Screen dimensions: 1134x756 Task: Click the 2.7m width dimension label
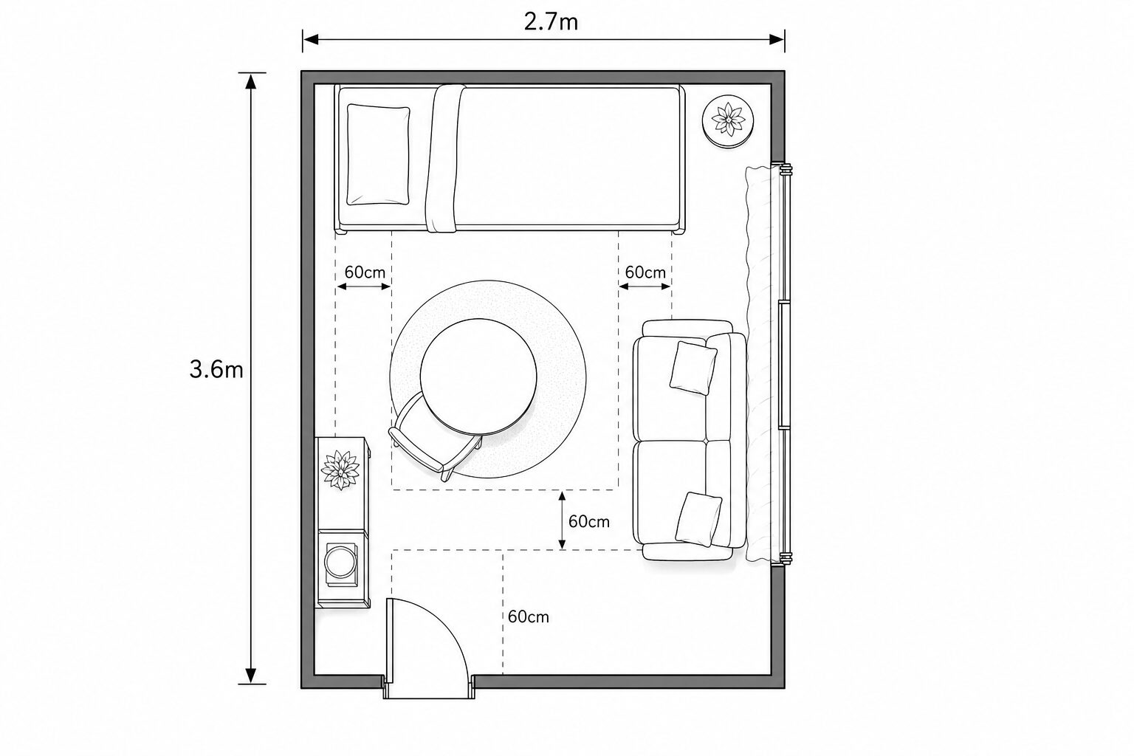551,21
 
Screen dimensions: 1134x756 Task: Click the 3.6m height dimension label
216,370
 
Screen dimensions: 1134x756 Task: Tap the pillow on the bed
378,154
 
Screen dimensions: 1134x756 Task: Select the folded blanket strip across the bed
445,158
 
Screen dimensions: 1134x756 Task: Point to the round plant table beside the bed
728,122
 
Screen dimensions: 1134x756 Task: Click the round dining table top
478,377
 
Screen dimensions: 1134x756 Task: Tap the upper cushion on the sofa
693,368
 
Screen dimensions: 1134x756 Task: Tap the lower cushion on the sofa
698,519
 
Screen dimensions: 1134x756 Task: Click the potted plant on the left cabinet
340,470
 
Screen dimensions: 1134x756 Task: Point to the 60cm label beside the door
529,616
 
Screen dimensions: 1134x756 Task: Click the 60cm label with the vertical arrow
588,521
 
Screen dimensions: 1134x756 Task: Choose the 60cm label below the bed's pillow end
365,272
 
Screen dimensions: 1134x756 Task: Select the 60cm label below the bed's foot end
645,272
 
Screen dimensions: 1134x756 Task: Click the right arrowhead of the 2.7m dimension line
777,39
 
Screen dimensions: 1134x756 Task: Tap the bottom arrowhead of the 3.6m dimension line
250,676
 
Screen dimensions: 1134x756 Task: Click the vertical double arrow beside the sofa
562,520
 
